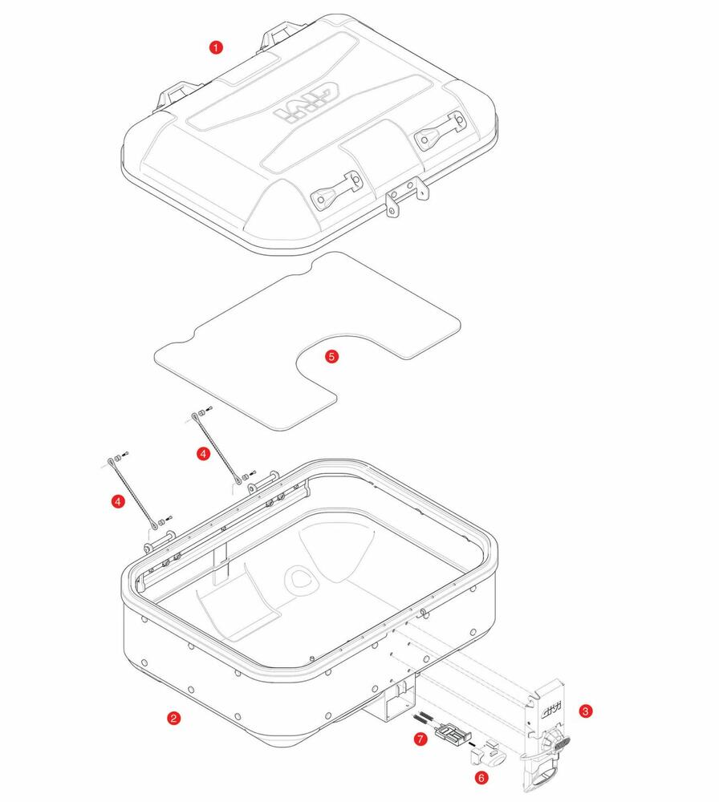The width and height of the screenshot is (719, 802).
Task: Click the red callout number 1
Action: click(215, 47)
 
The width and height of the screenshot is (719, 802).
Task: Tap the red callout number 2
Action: click(173, 718)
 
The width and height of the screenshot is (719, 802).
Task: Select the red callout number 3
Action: click(587, 711)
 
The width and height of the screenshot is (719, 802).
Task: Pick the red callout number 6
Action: click(481, 777)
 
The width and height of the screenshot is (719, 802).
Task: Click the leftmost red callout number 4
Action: click(118, 501)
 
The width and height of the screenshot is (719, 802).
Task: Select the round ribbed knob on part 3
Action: click(553, 743)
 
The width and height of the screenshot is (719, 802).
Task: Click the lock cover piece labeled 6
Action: click(486, 753)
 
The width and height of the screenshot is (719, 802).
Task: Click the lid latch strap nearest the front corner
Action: click(333, 192)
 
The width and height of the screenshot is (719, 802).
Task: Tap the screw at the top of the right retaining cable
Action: click(209, 410)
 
